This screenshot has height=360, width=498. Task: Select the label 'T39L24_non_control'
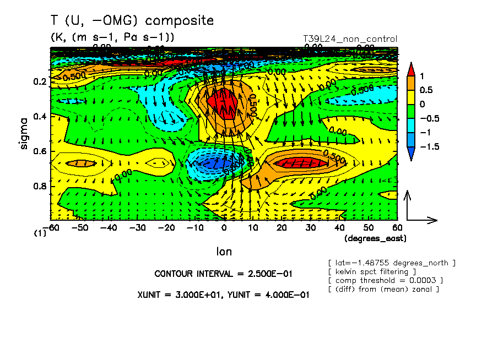pyautogui.click(x=350, y=39)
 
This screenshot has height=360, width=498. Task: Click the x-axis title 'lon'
pyautogui.click(x=224, y=252)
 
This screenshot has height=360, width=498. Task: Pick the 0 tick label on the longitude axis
pyautogui.click(x=224, y=227)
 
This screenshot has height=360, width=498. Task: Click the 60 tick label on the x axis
pyautogui.click(x=397, y=227)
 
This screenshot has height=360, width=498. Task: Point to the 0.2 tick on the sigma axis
pyautogui.click(x=39, y=81)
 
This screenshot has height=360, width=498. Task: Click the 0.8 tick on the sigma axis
pyautogui.click(x=39, y=186)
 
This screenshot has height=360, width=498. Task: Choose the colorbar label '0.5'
pyautogui.click(x=426, y=90)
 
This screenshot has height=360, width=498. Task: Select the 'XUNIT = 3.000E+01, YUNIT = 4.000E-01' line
pyautogui.click(x=223, y=294)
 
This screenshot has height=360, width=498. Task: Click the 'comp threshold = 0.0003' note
pyautogui.click(x=386, y=280)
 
